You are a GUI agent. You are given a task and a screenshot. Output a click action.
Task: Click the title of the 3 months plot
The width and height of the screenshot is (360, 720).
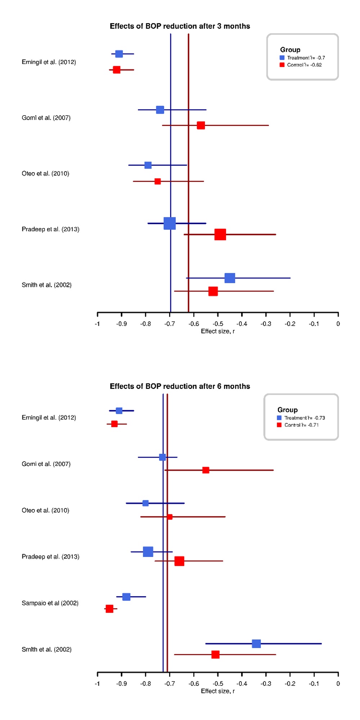[x=180, y=26]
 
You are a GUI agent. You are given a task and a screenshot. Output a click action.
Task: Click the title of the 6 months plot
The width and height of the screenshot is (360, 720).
[x=180, y=386]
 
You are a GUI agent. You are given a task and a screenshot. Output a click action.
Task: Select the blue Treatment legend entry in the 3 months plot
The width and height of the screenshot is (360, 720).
[x=302, y=58]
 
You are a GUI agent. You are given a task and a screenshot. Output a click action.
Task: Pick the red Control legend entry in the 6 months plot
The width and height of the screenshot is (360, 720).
[x=298, y=425]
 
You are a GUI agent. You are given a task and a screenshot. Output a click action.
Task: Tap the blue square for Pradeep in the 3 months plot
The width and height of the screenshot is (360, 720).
[x=170, y=223]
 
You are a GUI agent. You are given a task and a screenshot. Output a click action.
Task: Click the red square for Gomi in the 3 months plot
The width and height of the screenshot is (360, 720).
[x=201, y=125]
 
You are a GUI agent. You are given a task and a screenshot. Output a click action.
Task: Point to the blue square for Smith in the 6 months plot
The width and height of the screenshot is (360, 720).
[x=256, y=643]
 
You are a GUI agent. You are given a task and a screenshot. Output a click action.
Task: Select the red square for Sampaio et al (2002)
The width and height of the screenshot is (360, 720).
[x=109, y=608]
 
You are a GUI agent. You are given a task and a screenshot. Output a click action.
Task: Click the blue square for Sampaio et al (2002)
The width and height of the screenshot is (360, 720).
[x=126, y=597]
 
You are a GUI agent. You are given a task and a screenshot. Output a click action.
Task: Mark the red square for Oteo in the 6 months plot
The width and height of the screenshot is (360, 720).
[x=170, y=517]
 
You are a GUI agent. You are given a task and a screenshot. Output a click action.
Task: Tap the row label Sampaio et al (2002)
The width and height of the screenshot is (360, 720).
[x=50, y=603]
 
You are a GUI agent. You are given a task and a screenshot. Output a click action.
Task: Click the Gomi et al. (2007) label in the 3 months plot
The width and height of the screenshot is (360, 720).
[x=46, y=118]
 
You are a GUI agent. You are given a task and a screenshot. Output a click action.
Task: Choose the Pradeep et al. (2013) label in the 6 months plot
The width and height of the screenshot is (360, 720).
[x=50, y=557]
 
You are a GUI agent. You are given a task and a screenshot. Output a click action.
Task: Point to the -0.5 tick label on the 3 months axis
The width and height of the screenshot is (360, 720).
[x=217, y=324]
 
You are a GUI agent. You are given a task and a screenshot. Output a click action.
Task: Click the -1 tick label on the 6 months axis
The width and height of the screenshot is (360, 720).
[x=97, y=684]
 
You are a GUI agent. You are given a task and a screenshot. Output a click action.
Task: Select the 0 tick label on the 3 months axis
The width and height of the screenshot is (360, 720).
[x=338, y=324]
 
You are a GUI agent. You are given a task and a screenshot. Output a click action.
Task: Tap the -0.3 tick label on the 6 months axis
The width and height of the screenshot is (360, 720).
[x=266, y=684]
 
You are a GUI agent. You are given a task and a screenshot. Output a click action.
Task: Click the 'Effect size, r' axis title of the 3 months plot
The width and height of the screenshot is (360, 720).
[x=218, y=331]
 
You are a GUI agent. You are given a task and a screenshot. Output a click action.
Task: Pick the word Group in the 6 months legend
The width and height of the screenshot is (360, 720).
[x=287, y=410]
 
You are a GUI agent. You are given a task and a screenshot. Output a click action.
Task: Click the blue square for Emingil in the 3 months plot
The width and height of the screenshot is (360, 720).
[x=119, y=54]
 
